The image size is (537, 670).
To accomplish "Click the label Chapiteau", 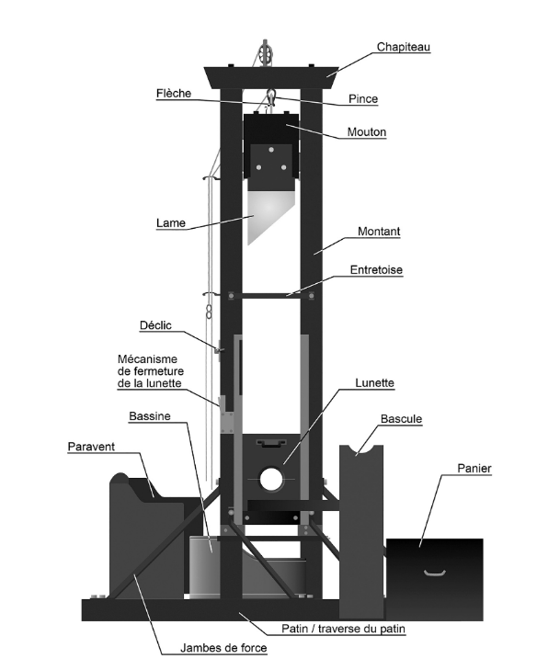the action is click(403, 47).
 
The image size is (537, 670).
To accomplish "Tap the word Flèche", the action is click(174, 94).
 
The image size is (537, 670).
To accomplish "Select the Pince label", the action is click(363, 99).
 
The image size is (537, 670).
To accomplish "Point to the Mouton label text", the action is click(366, 132).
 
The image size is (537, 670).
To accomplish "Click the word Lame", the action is click(171, 223).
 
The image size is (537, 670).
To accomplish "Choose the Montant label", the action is click(379, 232).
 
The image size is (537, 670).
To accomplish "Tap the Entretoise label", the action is click(376, 270).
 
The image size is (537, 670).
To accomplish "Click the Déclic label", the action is click(155, 325).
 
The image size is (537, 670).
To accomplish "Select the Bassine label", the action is click(150, 416).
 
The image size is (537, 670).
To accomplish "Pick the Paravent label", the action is click(92, 447).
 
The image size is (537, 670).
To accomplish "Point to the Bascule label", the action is click(401, 419).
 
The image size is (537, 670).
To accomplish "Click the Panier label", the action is click(474, 469).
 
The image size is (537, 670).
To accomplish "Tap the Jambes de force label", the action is click(223, 648).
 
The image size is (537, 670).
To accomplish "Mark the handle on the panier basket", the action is click(435, 573).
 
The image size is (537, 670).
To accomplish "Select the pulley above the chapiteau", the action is click(265, 53).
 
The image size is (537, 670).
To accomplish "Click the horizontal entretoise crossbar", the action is click(271, 295).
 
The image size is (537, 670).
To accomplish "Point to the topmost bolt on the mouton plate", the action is click(271, 150).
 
